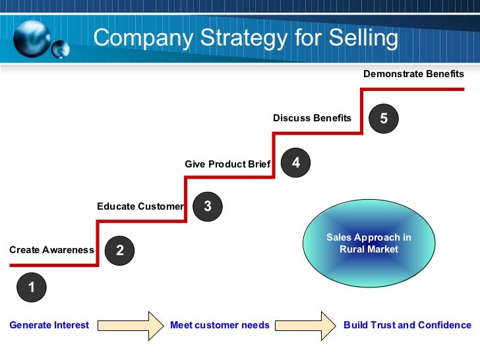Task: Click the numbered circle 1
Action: (31, 287)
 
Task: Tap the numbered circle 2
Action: (119, 250)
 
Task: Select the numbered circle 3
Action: (208, 206)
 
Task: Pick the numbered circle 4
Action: (296, 162)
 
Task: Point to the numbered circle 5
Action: (384, 119)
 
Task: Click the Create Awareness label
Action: (51, 250)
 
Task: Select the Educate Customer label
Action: (140, 206)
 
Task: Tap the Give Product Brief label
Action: (227, 164)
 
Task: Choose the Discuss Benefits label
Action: (312, 118)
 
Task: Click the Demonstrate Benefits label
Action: (413, 74)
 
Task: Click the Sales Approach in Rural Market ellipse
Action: (369, 243)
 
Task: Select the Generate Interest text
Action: (49, 325)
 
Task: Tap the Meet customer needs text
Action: (220, 325)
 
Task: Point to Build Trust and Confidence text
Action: (407, 325)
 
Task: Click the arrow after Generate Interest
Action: (131, 325)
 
